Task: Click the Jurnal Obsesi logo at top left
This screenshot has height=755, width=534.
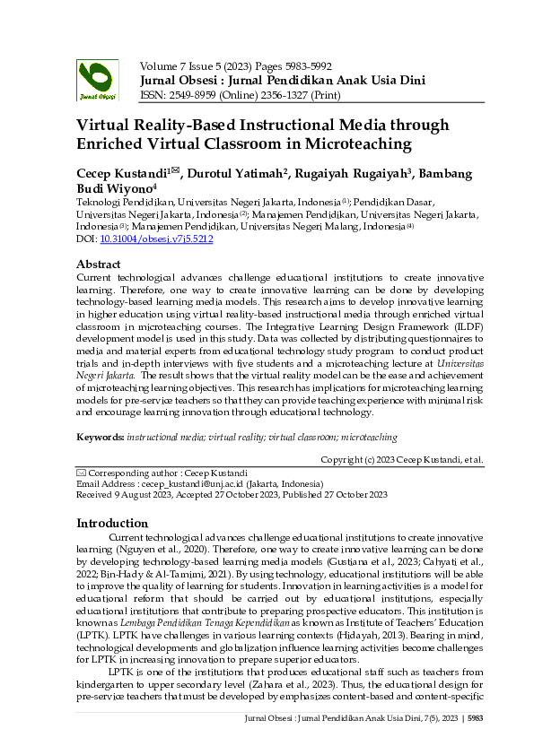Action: pyautogui.click(x=97, y=80)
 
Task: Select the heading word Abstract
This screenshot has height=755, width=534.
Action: pyautogui.click(x=99, y=265)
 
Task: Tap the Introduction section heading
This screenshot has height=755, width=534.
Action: pyautogui.click(x=112, y=523)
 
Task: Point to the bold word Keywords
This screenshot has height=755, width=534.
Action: pyautogui.click(x=100, y=437)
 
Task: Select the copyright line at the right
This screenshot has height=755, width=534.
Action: pyautogui.click(x=402, y=459)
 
